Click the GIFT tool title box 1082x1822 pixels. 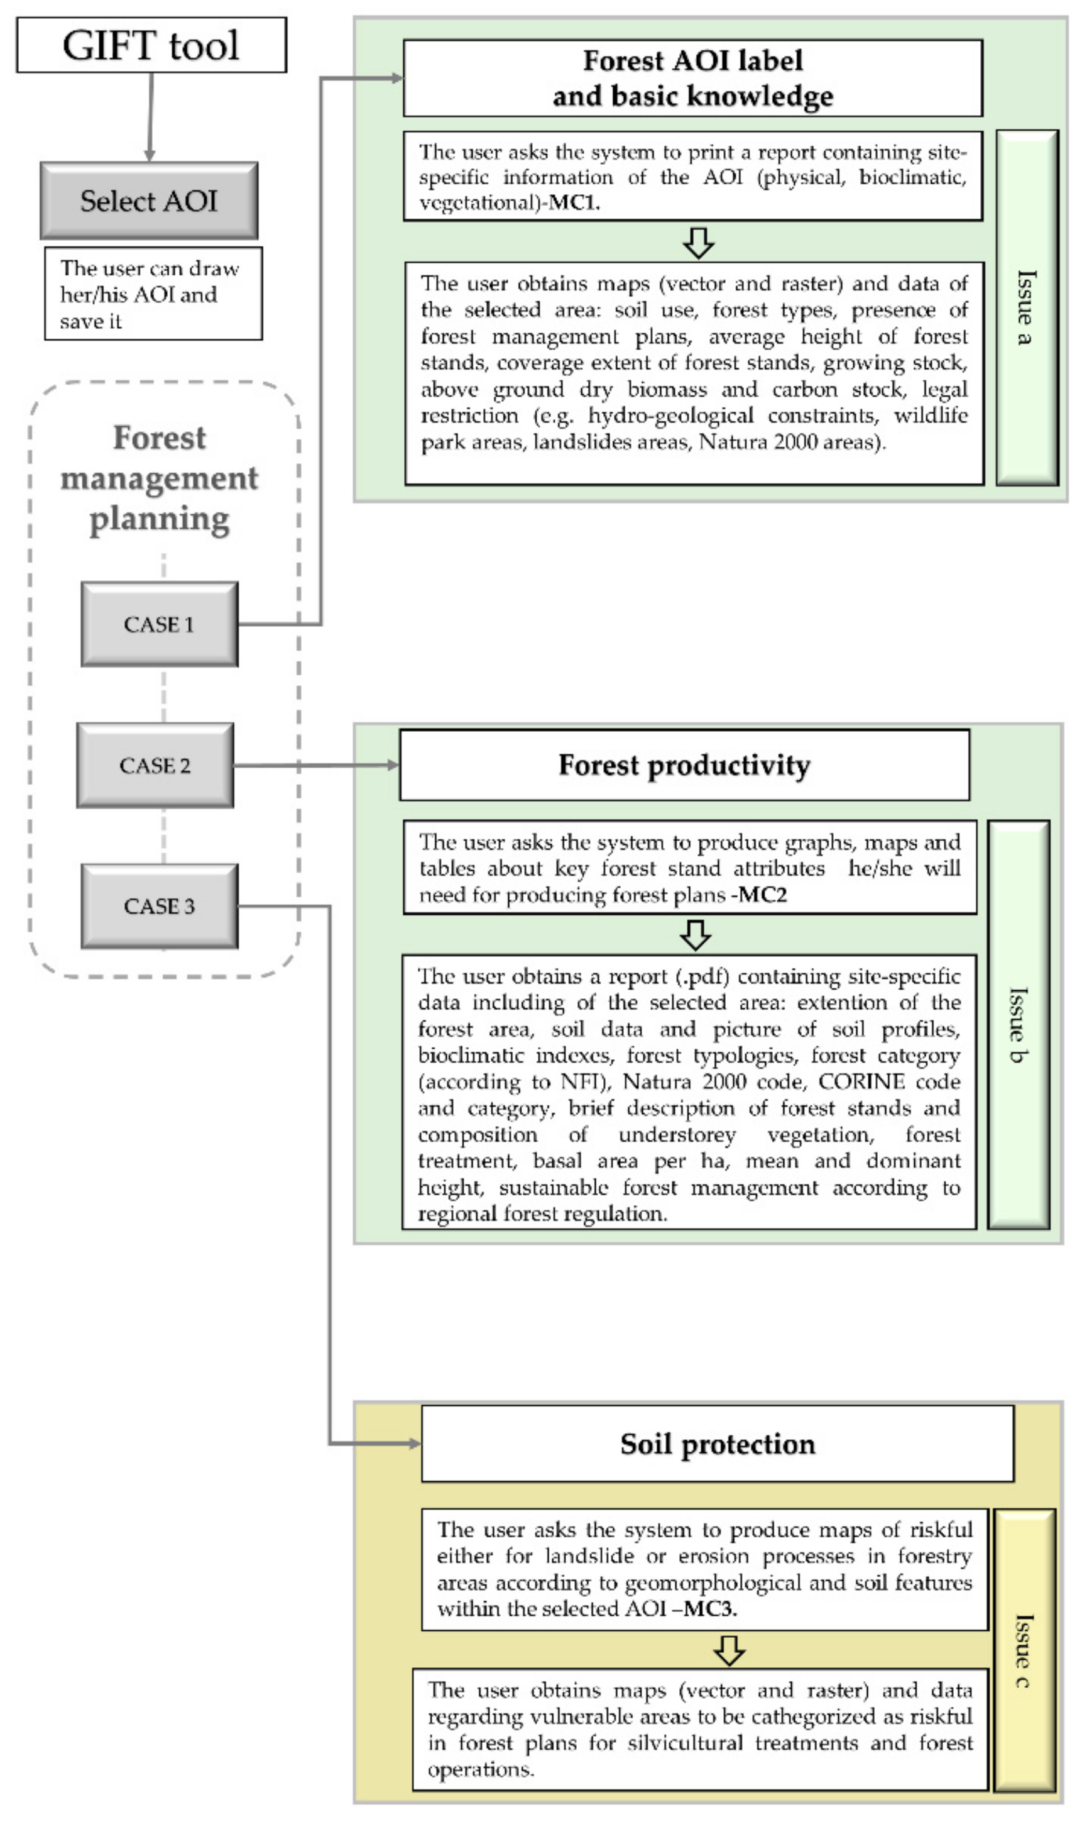[x=151, y=45]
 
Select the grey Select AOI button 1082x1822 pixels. [x=149, y=201]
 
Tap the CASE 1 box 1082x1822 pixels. [x=159, y=624]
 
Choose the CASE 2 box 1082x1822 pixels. [x=155, y=765]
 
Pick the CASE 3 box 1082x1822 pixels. [x=159, y=906]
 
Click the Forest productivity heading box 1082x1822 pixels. [x=684, y=765]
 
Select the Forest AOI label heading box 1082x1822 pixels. [x=692, y=78]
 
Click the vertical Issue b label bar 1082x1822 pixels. [x=1018, y=1024]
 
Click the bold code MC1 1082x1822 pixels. [x=573, y=203]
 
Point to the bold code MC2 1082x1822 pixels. [x=762, y=895]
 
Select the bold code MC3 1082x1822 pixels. [x=710, y=1608]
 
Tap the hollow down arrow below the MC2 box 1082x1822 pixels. [x=696, y=934]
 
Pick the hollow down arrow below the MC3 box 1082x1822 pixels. [x=729, y=1650]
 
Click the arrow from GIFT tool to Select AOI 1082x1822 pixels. [x=150, y=117]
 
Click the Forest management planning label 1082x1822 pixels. [x=159, y=478]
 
